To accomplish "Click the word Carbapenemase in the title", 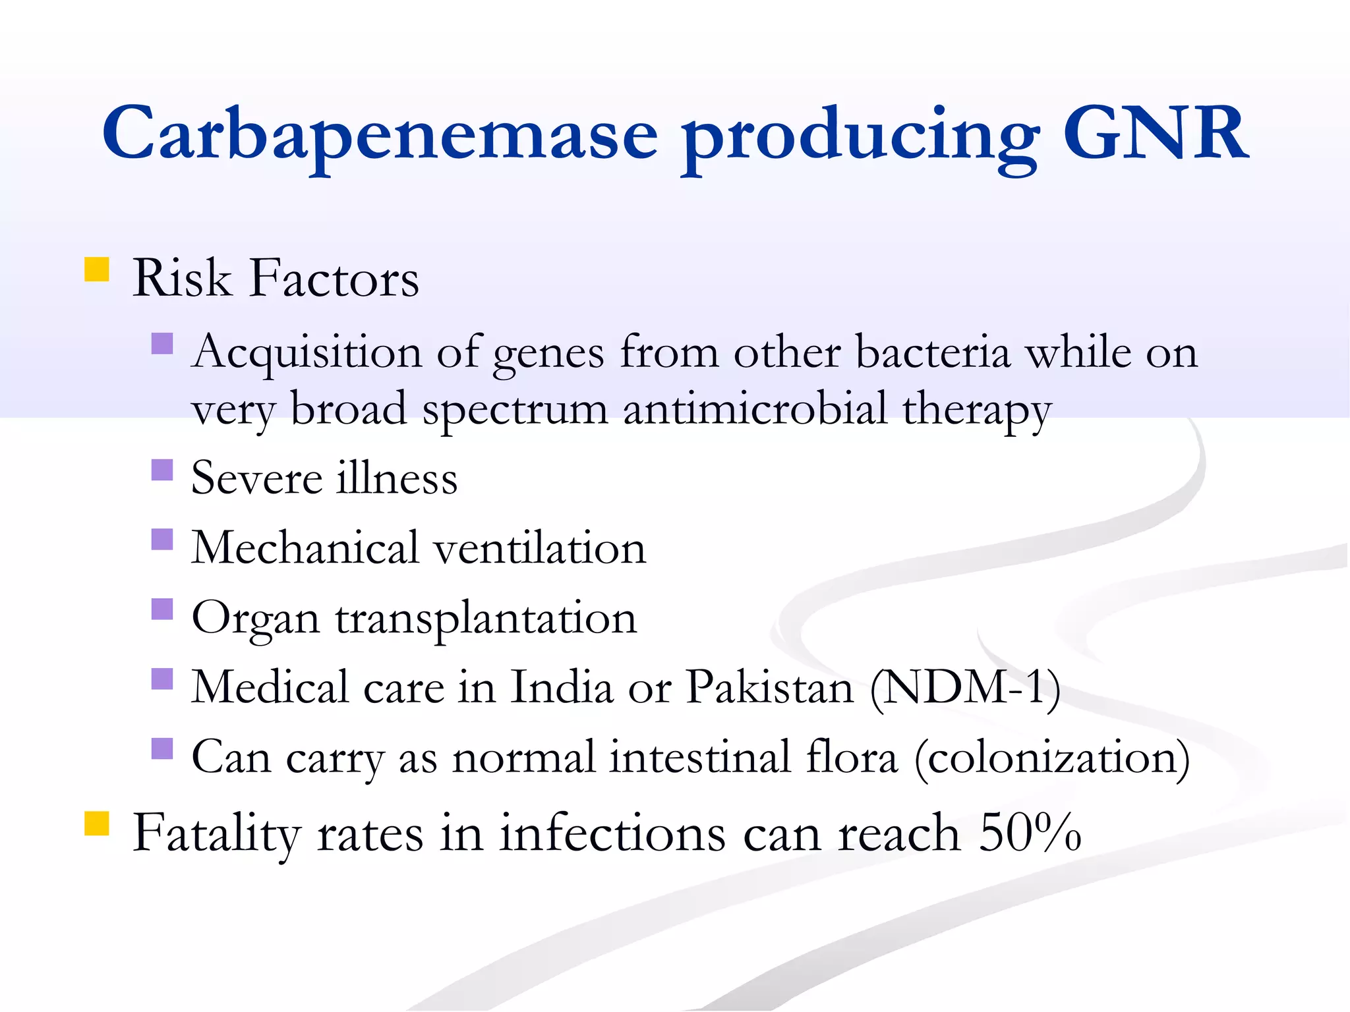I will (x=380, y=135).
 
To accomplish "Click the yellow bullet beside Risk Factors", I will (x=97, y=269).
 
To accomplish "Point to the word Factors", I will (x=334, y=278).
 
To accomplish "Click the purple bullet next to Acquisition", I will (x=162, y=343).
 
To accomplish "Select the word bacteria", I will (x=933, y=352).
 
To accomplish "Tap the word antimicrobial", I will (x=755, y=409).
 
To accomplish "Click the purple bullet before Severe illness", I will (x=162, y=470).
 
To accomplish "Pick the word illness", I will (x=397, y=478).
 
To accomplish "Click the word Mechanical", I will (x=305, y=548).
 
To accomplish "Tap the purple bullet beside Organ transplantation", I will (x=162, y=609).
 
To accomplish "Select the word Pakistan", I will (x=770, y=687).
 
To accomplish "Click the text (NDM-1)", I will (x=965, y=689).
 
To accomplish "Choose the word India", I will (x=562, y=687).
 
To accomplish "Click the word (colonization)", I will (x=1052, y=758).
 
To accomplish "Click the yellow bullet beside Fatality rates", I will (x=97, y=824).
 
